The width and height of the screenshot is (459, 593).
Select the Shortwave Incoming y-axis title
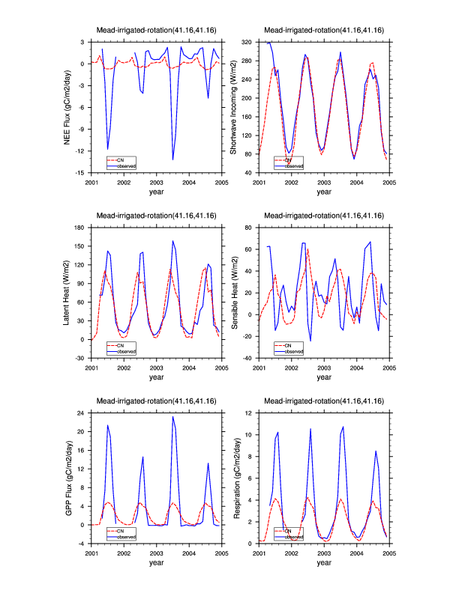234,108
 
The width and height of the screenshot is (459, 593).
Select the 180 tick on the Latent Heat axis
82,227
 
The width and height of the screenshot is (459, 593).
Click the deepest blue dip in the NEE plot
173,159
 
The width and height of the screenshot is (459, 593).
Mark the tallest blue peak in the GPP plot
173,416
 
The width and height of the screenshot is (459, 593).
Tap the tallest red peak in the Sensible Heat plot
307,249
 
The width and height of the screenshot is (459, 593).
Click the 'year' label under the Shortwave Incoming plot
324,192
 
